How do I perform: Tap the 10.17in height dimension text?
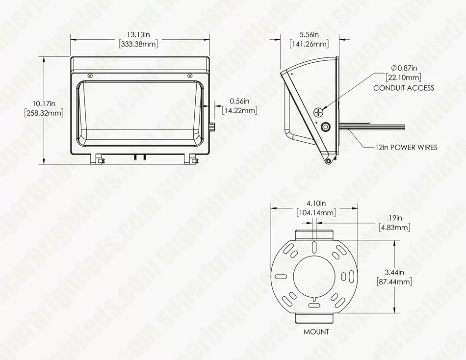(x=44, y=103)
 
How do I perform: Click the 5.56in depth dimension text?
(x=309, y=35)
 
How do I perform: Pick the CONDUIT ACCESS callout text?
(x=404, y=88)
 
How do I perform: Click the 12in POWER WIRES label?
(x=406, y=147)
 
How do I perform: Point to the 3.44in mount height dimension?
(x=394, y=272)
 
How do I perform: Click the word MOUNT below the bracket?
(x=316, y=332)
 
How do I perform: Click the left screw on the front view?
(x=90, y=75)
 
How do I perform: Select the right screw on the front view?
(x=189, y=75)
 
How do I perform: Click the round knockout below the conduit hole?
(x=325, y=128)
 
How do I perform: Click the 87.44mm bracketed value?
(x=394, y=282)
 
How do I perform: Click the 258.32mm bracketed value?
(x=44, y=113)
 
